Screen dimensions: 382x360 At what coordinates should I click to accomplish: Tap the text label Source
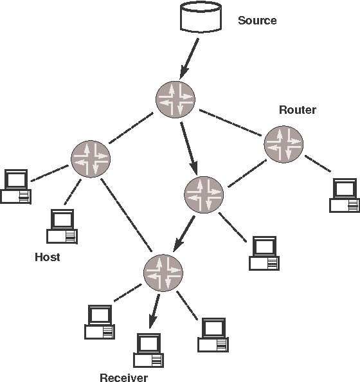tap(257, 21)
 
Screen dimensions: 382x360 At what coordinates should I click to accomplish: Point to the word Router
tap(297, 110)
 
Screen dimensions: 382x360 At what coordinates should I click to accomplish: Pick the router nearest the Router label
tap(283, 143)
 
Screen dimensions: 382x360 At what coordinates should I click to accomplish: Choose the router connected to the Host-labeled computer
tap(91, 157)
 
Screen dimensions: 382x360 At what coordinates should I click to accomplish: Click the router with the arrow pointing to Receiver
tap(163, 273)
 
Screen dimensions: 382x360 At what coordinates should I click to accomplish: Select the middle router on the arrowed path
tap(204, 195)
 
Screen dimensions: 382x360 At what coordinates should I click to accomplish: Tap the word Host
tap(47, 257)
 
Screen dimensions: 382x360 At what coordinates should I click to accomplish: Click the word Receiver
tap(124, 377)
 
